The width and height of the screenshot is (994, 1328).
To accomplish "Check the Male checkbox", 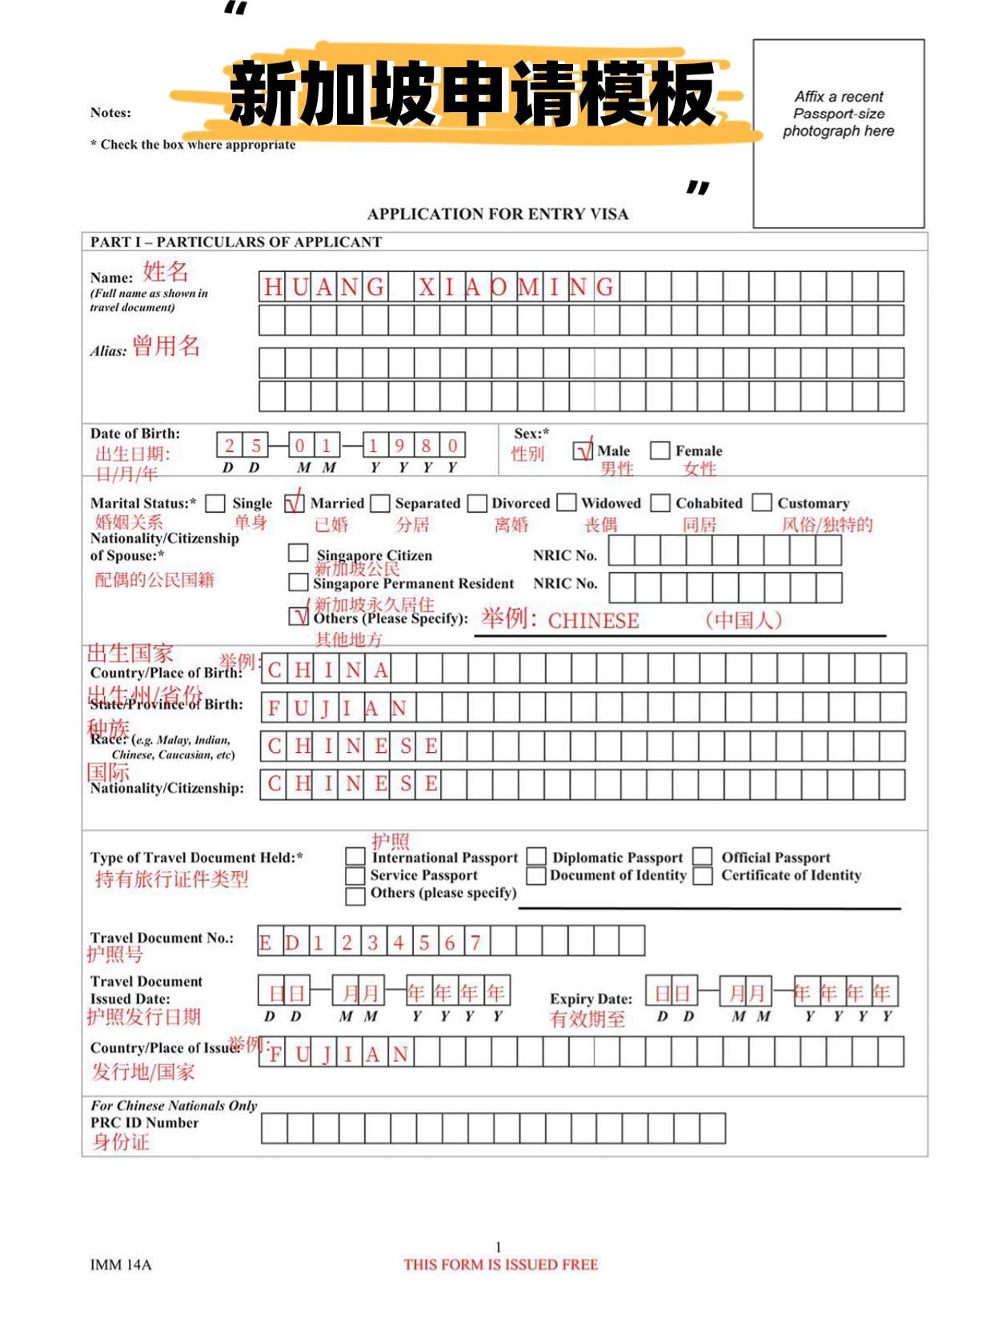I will click(583, 451).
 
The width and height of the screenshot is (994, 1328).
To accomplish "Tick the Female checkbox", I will click(659, 451).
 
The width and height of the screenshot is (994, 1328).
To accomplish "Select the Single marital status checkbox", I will click(215, 503).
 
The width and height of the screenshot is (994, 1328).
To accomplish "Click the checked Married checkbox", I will click(295, 503).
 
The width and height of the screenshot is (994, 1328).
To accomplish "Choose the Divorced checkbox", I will click(478, 503).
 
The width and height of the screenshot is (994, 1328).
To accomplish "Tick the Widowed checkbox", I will click(567, 503).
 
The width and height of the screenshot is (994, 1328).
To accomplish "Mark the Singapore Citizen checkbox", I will click(298, 553).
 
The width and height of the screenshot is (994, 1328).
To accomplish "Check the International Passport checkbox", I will click(355, 857).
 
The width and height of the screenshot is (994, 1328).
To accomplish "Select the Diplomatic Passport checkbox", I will click(536, 857).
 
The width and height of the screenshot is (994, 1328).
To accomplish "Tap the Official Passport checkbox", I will click(703, 857).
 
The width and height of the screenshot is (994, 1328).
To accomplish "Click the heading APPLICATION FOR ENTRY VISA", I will click(498, 214).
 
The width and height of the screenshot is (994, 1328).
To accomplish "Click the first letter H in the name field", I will click(273, 287).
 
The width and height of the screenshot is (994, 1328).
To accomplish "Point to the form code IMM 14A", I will click(121, 1265).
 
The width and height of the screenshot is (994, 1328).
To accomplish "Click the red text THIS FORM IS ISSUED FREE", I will click(501, 1265).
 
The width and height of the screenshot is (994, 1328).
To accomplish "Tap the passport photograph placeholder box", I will click(839, 134).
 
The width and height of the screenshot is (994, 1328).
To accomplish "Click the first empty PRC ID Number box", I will click(275, 1128).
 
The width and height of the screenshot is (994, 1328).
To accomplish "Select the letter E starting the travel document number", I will click(266, 942).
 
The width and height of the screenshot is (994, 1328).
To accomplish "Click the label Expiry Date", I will click(591, 998).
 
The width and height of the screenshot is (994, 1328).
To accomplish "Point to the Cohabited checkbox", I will click(660, 503).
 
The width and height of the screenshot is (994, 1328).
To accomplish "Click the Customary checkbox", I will click(762, 503).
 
